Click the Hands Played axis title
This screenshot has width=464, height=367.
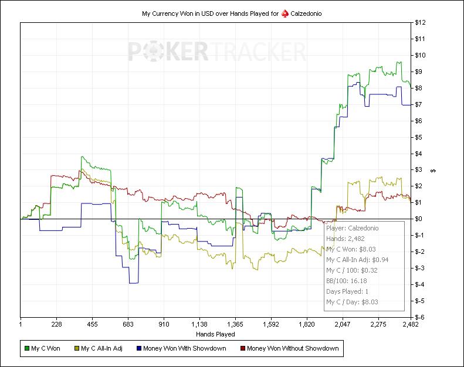tap(215, 334)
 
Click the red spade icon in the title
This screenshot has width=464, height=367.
tap(284, 13)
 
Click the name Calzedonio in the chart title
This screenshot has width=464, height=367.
tap(306, 13)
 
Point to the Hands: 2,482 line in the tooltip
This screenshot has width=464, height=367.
tap(345, 239)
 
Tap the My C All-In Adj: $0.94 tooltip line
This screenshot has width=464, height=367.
tap(357, 260)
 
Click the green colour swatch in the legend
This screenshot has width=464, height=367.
tap(25, 349)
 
